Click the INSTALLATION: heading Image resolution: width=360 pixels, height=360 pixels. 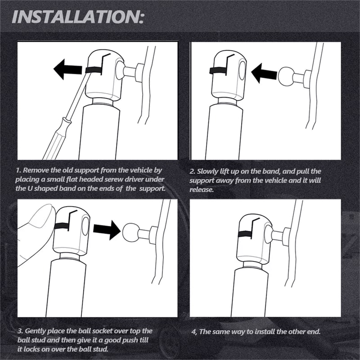[x=77, y=17]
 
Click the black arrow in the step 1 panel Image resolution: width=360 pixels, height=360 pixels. [x=67, y=69]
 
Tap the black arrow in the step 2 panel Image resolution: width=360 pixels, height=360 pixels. [x=264, y=73]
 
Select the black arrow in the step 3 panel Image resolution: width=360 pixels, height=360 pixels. [x=107, y=230]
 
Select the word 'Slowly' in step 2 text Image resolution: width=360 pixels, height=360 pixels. [x=207, y=171]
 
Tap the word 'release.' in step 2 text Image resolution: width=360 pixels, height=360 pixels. [x=202, y=189]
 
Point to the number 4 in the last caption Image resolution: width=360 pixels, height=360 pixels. [x=194, y=332]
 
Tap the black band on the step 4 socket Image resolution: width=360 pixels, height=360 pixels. [x=245, y=234]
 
